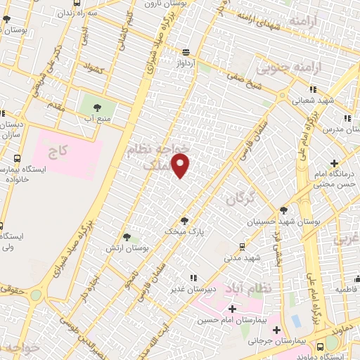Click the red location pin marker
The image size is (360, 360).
[x=181, y=166]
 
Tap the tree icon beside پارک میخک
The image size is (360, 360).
[x=184, y=220]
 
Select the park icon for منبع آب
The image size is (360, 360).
[x=97, y=107]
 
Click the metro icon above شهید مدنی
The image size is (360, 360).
[x=242, y=246]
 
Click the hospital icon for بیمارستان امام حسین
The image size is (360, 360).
[x=232, y=308]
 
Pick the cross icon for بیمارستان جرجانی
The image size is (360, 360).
[x=276, y=329]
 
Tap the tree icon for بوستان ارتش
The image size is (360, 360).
[x=127, y=238]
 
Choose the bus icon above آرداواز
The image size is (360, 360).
[x=186, y=51]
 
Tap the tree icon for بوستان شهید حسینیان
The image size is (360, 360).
[x=283, y=210]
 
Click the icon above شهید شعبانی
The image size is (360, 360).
[x=313, y=89]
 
